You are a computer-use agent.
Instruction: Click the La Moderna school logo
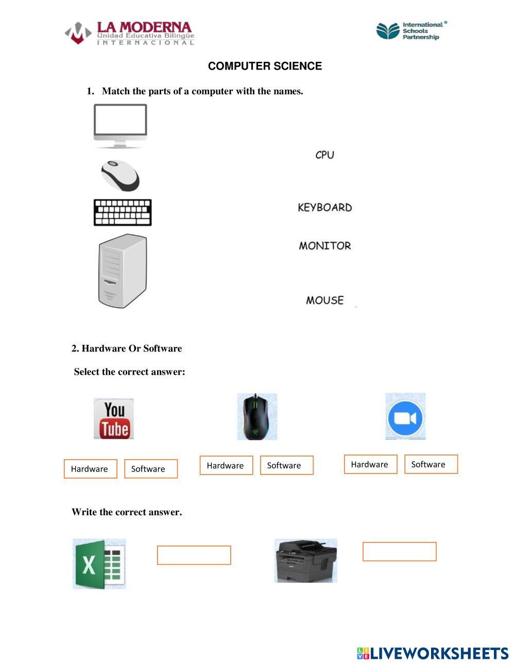click(x=129, y=33)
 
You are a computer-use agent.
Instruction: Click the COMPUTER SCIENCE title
click(x=265, y=66)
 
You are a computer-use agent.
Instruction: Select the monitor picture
click(x=120, y=126)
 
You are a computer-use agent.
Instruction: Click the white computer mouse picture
click(x=120, y=175)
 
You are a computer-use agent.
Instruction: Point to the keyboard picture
click(x=123, y=213)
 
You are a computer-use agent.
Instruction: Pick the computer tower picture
click(x=123, y=271)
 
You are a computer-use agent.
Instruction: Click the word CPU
click(x=324, y=154)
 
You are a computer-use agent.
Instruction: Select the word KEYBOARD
click(x=324, y=207)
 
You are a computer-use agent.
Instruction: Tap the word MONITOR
click(x=324, y=246)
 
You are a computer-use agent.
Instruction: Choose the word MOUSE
click(x=324, y=300)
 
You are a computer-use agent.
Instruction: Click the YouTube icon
click(x=114, y=418)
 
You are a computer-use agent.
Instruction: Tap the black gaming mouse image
click(x=257, y=417)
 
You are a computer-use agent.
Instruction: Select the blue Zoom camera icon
click(x=405, y=416)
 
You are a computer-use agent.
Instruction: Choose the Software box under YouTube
click(x=151, y=469)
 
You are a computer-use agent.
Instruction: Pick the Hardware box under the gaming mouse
click(x=226, y=465)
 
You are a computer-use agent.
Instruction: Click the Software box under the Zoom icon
click(x=431, y=464)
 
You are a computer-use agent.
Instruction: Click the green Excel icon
click(x=99, y=564)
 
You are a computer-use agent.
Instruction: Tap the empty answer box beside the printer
click(x=399, y=551)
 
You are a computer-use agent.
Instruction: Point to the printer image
click(x=305, y=560)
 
